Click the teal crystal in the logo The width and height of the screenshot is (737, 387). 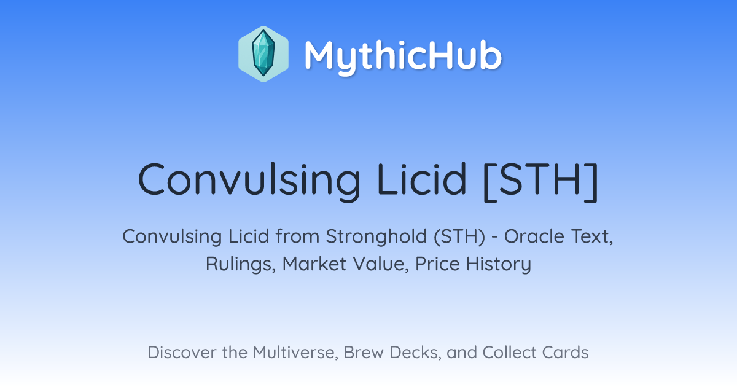tap(263, 53)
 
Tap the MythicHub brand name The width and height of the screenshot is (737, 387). tap(403, 56)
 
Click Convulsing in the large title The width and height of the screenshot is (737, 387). tap(249, 180)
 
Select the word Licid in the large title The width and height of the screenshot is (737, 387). tap(422, 179)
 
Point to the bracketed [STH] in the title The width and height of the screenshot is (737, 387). tap(540, 181)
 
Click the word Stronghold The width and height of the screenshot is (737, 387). tap(376, 237)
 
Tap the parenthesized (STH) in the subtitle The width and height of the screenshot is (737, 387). tap(459, 237)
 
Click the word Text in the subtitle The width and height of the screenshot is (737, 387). tap(592, 237)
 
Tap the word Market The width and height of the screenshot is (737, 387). tap(314, 264)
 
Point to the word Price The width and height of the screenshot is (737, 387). tap(437, 264)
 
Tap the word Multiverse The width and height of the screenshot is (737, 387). tap(295, 353)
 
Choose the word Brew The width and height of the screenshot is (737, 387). tap(364, 353)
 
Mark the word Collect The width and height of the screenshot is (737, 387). tap(509, 353)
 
